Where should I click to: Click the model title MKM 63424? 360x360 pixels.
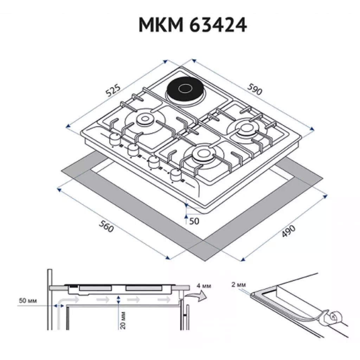pos(193,26)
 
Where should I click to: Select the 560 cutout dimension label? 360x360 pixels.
pos(106,227)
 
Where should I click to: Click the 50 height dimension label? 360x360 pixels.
pos(194,221)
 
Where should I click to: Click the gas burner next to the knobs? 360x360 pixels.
pos(144,120)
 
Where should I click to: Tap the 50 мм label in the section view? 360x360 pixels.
pos(28,301)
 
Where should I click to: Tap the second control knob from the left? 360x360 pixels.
pos(133,150)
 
